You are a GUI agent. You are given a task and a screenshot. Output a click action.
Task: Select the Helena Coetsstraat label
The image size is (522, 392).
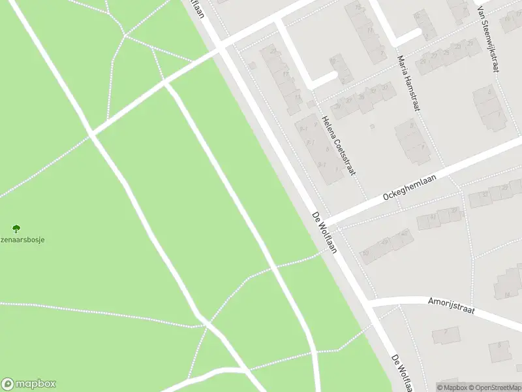339,145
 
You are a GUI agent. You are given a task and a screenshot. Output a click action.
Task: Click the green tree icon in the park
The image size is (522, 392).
16,228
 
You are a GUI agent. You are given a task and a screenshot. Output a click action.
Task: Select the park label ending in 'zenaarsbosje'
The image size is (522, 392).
22,239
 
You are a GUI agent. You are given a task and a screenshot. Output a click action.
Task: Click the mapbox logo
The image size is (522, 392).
29,384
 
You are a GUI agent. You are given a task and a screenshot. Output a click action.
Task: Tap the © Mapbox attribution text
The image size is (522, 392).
452,387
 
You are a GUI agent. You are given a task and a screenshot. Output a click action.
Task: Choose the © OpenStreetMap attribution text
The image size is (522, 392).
495,387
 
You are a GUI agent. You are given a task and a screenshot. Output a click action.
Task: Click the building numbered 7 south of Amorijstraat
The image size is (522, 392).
446,335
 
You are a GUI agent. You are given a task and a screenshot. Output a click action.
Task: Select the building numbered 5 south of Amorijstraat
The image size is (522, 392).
500,350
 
